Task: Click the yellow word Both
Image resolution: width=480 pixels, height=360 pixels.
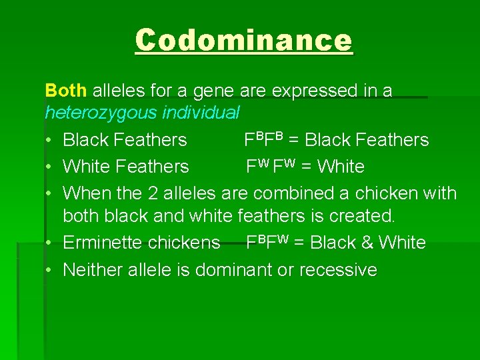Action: click(x=66, y=91)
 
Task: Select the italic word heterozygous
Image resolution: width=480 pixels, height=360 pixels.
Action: click(x=101, y=113)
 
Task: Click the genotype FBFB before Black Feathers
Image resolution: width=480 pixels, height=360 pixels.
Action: click(x=264, y=139)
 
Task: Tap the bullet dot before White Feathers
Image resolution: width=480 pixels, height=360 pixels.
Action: click(x=50, y=167)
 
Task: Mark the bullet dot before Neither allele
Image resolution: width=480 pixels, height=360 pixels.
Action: click(x=50, y=270)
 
